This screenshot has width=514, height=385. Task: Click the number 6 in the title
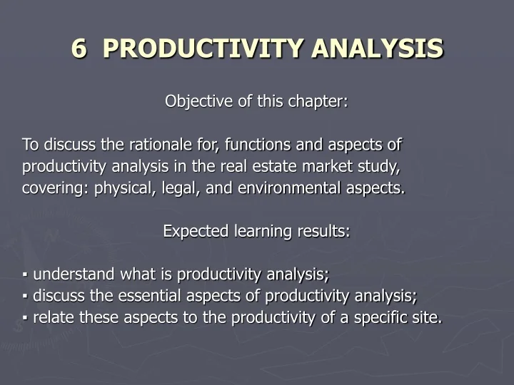pos(79,48)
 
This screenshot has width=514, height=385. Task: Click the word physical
pos(120,189)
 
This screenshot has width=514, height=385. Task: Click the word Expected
pos(190,232)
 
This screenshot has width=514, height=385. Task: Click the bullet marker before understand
pos(25,275)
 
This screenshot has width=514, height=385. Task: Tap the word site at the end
pos(426,317)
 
